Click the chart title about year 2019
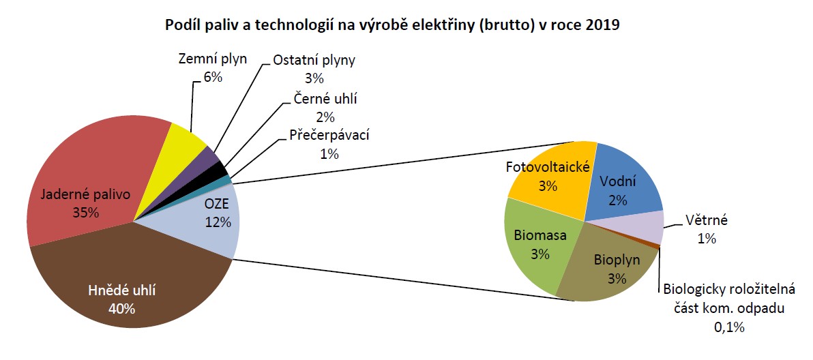point(392,25)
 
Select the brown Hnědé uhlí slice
point(130,280)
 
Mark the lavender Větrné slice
point(643,227)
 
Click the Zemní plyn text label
point(212,59)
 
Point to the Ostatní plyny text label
point(314,60)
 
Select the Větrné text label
point(707,221)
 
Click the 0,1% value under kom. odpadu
point(729,327)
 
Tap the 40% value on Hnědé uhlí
point(122,309)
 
